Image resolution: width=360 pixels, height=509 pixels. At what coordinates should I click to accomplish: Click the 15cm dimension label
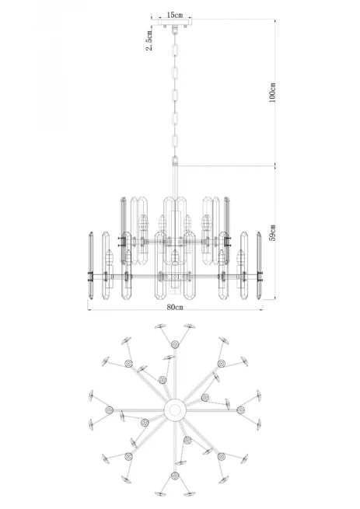(175, 15)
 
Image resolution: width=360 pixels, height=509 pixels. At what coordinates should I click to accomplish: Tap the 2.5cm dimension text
(149, 40)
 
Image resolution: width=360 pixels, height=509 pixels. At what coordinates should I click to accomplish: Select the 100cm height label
(273, 92)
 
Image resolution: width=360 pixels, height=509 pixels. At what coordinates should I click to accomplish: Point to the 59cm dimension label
(273, 233)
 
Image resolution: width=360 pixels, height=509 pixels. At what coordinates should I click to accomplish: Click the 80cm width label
(175, 307)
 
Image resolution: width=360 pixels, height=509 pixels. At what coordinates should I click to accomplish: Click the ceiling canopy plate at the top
(175, 22)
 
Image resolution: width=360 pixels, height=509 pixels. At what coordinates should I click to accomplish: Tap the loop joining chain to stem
(175, 161)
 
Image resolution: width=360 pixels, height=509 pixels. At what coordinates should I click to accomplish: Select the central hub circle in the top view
(175, 410)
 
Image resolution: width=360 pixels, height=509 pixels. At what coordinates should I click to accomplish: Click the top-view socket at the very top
(175, 344)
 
